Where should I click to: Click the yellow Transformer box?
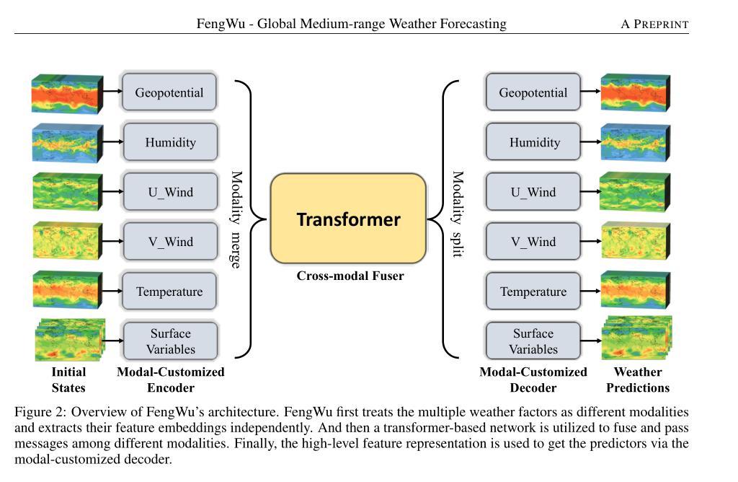coord(348,219)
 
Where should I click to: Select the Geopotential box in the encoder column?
coord(169,92)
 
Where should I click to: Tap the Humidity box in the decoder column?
coord(533,142)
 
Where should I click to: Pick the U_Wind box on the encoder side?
coord(170,192)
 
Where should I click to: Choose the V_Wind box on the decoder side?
coord(533,241)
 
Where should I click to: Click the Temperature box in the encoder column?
coord(169,292)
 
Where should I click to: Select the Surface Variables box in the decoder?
coord(533,341)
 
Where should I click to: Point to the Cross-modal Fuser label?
coord(350,276)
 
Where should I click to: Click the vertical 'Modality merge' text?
coord(236,219)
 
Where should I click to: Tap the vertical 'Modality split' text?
coord(458,214)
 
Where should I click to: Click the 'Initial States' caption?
coord(68,380)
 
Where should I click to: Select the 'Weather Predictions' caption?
coord(638,380)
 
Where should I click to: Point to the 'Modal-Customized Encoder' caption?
coord(170,380)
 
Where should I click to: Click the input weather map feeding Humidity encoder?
coord(67,143)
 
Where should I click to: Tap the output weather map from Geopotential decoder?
coord(636,92)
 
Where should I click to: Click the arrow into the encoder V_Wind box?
coord(113,241)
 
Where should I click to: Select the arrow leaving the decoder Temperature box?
coord(591,292)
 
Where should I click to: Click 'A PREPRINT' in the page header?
coord(654,24)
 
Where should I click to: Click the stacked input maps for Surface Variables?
coord(70,340)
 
